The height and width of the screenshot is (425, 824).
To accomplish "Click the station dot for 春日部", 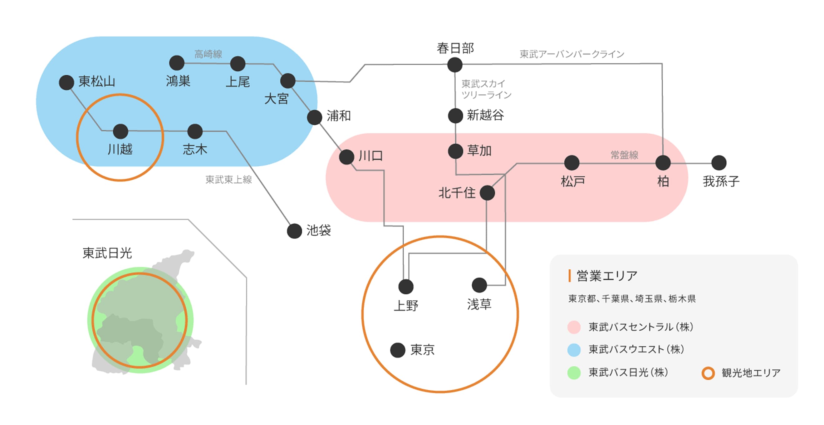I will pos(454,65).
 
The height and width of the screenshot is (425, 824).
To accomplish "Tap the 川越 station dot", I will pos(120,131).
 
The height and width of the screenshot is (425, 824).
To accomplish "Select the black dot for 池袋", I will pos(294,231).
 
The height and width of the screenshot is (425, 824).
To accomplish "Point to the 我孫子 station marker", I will pos(719,163).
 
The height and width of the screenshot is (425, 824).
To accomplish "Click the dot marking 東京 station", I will pos(398,350).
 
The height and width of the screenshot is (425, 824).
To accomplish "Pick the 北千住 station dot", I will pos(487,193).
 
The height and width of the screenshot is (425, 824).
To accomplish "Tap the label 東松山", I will pos(97,81).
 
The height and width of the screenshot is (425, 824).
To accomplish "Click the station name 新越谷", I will pos(485,115).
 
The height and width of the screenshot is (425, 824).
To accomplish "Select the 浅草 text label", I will pos(479,304).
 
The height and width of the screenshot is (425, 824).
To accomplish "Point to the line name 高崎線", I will pos(208,54).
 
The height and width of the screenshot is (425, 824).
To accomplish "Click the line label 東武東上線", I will pos(228,180).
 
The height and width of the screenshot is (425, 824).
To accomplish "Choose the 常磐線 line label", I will pos(624,155).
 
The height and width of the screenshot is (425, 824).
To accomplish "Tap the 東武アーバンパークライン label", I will pos(572,54).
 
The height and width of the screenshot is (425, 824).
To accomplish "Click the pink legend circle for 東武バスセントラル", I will pos(574,327).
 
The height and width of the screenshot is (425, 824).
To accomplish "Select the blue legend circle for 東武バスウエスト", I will pos(574,350).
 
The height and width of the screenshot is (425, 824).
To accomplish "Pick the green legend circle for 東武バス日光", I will pos(574,373).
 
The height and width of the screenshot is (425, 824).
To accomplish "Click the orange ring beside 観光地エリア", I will pos(708,373).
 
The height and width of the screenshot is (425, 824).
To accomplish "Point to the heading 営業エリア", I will pos(607,276).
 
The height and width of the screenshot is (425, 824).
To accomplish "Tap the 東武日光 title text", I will pos(107,253).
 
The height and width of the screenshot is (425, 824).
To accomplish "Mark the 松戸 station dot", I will pos(571,163).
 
